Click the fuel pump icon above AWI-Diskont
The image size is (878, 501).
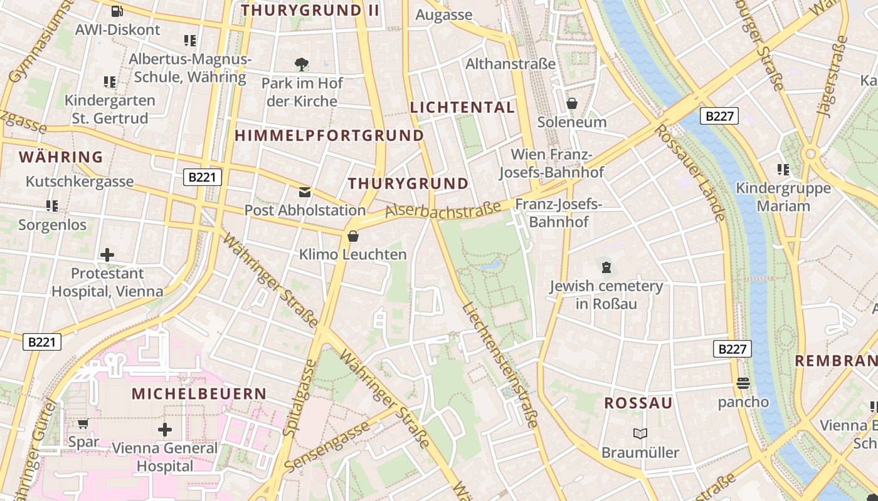[117, 11]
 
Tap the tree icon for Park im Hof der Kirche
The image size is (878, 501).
[302, 63]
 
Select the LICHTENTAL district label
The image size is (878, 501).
[462, 107]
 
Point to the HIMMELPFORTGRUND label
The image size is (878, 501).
[329, 135]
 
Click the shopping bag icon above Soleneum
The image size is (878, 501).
[571, 103]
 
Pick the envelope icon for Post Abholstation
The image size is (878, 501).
[305, 192]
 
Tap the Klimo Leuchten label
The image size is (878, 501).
[353, 254]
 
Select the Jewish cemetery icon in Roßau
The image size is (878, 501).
[606, 267]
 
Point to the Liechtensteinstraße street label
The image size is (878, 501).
[500, 365]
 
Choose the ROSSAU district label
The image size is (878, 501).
[638, 403]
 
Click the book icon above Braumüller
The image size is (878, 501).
[640, 433]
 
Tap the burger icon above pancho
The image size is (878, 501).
[743, 383]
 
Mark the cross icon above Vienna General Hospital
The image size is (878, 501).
[165, 430]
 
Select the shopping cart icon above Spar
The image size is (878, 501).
[83, 423]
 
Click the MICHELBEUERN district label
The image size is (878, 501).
[199, 394]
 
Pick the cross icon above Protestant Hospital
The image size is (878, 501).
[107, 255]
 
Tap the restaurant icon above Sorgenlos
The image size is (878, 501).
[52, 205]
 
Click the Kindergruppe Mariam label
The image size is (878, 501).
[783, 197]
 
